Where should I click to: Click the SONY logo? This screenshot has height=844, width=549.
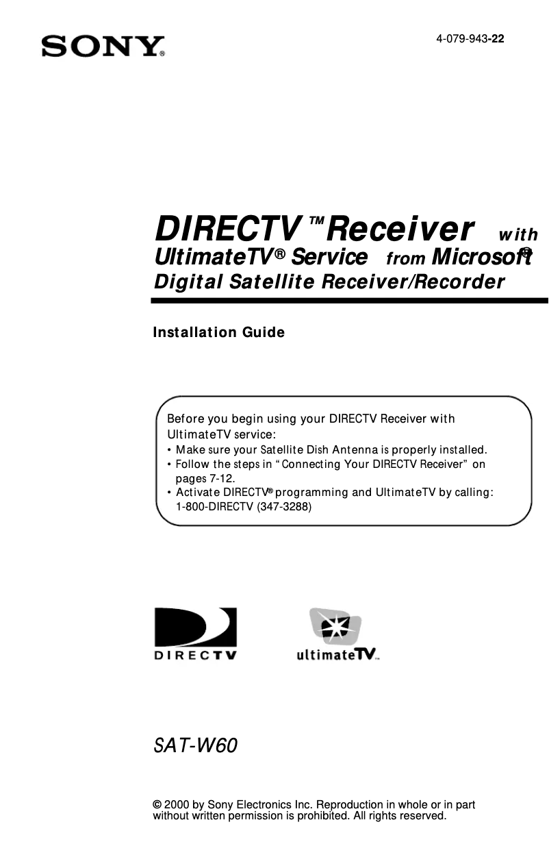(x=103, y=47)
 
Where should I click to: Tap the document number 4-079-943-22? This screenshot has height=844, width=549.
(x=470, y=39)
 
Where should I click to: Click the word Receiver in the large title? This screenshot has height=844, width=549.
(x=400, y=229)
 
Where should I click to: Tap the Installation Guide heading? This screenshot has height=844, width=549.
(x=218, y=333)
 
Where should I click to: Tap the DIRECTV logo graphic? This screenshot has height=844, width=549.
(x=195, y=633)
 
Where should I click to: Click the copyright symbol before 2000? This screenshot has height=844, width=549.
(x=157, y=805)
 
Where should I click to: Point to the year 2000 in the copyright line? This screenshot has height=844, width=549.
(x=175, y=805)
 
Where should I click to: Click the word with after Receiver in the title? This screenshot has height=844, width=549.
(x=518, y=235)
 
